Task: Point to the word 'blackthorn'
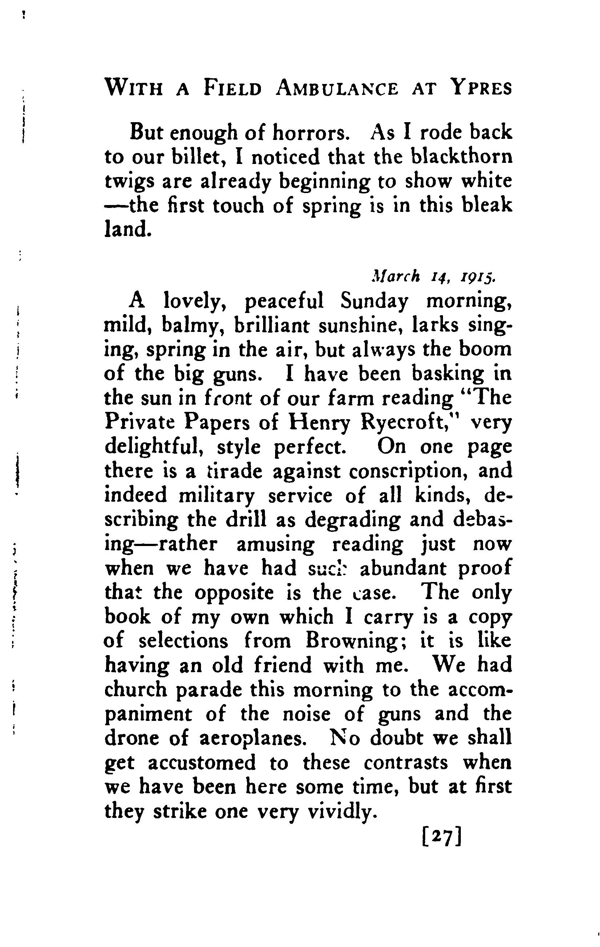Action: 462,157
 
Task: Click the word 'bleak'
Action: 488,205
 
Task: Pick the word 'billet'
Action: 196,157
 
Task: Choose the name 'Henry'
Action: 319,423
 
